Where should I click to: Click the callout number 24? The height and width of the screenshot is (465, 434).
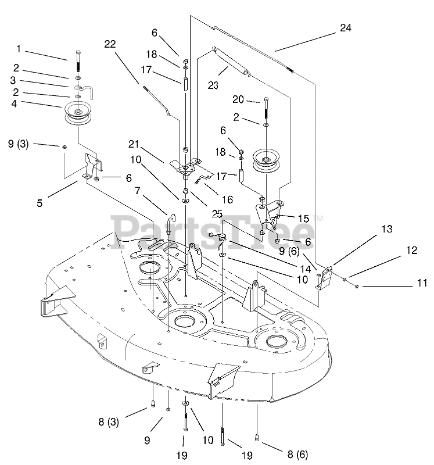pyautogui.click(x=345, y=28)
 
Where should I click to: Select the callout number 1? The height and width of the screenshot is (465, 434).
pyautogui.click(x=19, y=49)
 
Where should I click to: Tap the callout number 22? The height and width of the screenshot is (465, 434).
pyautogui.click(x=110, y=44)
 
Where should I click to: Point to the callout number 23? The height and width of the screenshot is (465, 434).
pyautogui.click(x=213, y=85)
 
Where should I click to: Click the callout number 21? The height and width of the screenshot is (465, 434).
pyautogui.click(x=134, y=144)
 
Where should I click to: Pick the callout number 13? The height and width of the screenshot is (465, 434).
pyautogui.click(x=386, y=229)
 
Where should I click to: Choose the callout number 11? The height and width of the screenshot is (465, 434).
pyautogui.click(x=422, y=283)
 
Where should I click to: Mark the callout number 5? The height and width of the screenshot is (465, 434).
pyautogui.click(x=40, y=203)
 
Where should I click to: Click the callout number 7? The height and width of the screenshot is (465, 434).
pyautogui.click(x=137, y=191)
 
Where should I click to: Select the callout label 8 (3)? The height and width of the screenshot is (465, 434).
pyautogui.click(x=109, y=422)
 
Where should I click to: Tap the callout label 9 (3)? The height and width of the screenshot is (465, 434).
pyautogui.click(x=18, y=144)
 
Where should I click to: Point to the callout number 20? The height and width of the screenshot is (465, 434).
pyautogui.click(x=238, y=99)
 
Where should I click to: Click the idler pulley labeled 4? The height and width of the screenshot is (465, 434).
pyautogui.click(x=78, y=113)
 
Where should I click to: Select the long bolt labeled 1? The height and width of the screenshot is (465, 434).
pyautogui.click(x=78, y=61)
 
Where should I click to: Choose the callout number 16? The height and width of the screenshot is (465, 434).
pyautogui.click(x=227, y=199)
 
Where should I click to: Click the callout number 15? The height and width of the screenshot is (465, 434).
pyautogui.click(x=303, y=219)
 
